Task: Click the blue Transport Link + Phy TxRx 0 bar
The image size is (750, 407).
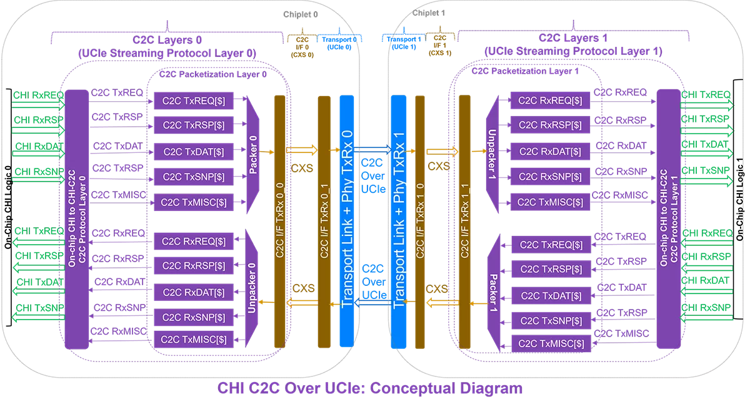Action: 347,221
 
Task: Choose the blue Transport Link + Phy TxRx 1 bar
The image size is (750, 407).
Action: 398,221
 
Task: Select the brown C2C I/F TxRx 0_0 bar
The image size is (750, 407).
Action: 279,221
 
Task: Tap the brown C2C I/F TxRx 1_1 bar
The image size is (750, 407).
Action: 464,221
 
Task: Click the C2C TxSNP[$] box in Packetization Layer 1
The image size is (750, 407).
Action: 551,321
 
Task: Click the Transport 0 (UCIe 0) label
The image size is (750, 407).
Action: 337,42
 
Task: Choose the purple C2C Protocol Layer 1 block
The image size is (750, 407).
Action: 667,218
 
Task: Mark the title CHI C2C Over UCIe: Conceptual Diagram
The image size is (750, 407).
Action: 370,388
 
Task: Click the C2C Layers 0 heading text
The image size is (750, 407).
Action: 167,39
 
